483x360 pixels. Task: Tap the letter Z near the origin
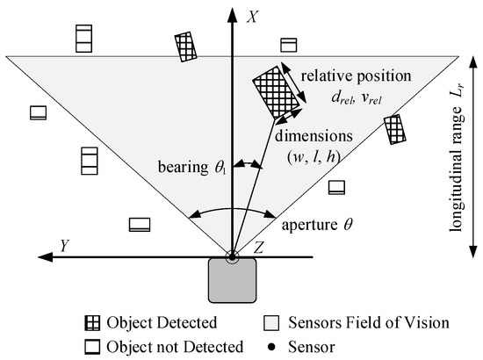click(x=257, y=246)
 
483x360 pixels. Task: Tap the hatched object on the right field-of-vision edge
click(x=395, y=129)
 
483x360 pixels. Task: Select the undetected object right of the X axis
click(x=289, y=45)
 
